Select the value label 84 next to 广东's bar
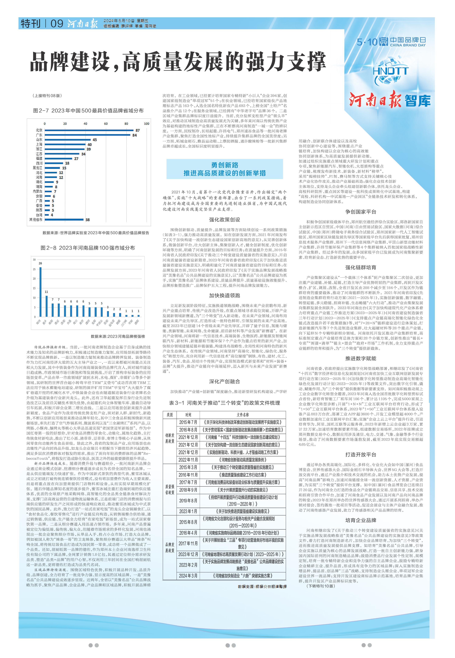click(x=135, y=135)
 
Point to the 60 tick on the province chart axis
click(x=106, y=124)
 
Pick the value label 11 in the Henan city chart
click(x=46, y=292)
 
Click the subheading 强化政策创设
click(x=225, y=219)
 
